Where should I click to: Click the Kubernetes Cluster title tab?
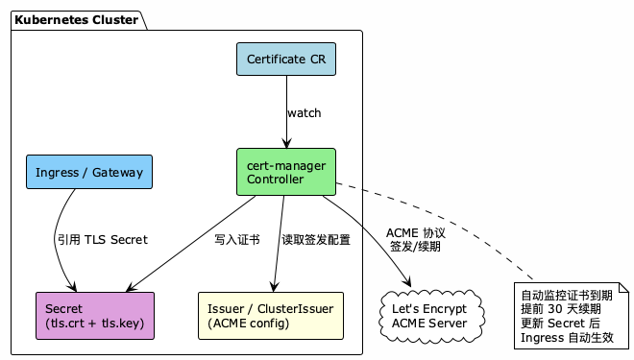pos(75,20)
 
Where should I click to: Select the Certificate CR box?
pos(286,60)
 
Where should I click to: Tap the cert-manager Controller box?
pos(286,172)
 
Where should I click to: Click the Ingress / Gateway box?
pos(88,173)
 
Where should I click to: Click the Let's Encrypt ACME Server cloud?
pos(429,316)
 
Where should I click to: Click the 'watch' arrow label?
pos(304,113)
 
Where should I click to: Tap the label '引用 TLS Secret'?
pos(102,239)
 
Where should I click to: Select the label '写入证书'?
pos(236,239)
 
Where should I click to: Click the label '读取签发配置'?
pos(315,239)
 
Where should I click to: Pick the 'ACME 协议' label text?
pos(415,232)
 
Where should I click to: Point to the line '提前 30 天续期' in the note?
pos(561,309)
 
